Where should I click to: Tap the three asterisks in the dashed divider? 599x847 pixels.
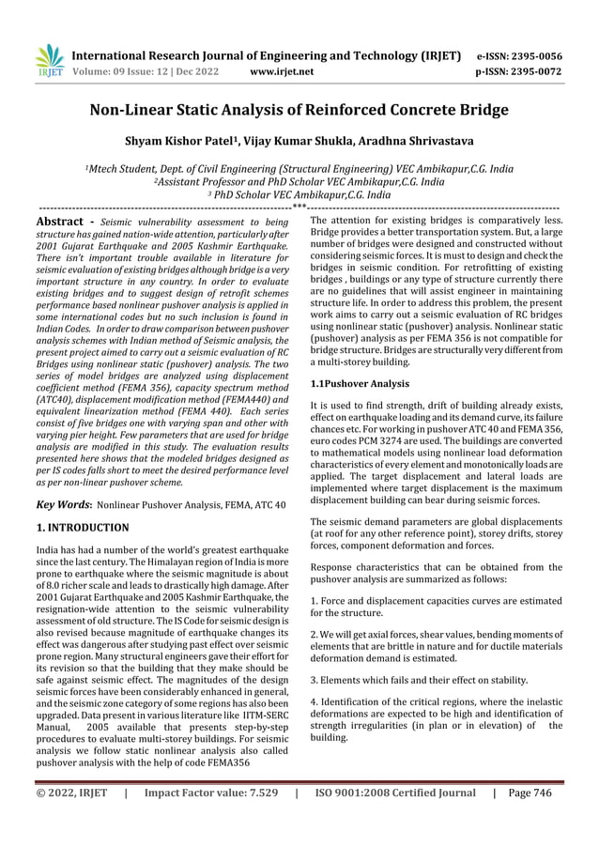pyautogui.click(x=299, y=206)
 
